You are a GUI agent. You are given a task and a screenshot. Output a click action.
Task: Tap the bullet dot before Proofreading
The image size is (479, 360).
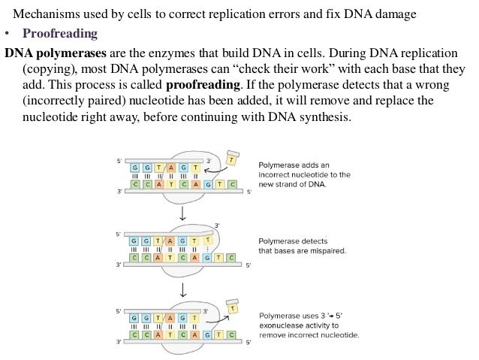click(x=7, y=34)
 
